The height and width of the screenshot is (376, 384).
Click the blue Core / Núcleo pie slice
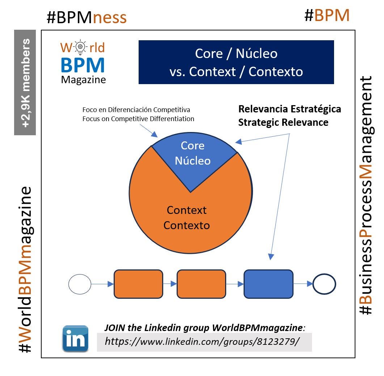(x=193, y=156)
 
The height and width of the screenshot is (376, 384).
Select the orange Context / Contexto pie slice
(x=187, y=221)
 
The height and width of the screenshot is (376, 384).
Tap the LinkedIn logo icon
(x=75, y=339)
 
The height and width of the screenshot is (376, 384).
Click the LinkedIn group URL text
(x=202, y=341)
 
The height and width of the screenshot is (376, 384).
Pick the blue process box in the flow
(x=268, y=284)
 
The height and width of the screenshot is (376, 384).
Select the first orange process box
(x=138, y=284)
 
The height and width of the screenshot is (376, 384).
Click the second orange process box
(x=201, y=284)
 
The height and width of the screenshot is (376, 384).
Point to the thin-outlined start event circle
(x=80, y=284)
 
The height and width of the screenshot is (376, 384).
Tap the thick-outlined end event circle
(x=324, y=284)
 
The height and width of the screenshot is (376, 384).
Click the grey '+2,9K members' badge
(x=25, y=82)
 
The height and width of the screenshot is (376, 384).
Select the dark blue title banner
(x=236, y=62)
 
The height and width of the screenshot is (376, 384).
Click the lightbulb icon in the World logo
(x=80, y=47)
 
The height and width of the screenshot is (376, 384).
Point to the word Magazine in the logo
(x=83, y=79)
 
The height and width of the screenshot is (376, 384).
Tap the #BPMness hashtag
(x=86, y=17)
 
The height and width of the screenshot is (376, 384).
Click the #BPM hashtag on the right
(x=327, y=15)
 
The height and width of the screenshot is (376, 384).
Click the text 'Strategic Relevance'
(x=283, y=123)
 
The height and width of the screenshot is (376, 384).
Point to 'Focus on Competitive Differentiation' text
(x=138, y=119)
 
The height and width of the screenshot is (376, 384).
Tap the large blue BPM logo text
(x=83, y=65)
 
